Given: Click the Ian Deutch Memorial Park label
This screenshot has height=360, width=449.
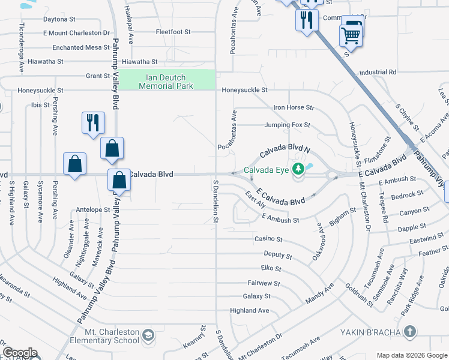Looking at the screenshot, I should pos(166,82).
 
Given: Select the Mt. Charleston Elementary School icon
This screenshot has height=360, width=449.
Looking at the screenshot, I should pos(149,334).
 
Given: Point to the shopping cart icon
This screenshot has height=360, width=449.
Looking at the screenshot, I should pos(350,36).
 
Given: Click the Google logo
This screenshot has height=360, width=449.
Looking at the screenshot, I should pos(20,353).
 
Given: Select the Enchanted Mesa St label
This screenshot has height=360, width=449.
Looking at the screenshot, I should pos(77,47).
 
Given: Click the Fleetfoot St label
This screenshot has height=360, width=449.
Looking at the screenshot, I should pos(173,32).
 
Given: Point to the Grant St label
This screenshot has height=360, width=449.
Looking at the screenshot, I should pos(98,76).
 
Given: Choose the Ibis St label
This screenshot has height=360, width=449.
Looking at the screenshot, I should pos(40,104).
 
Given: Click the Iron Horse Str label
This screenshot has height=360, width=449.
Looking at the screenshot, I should pos(294,107).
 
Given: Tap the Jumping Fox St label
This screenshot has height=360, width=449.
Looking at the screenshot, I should pos(288,125).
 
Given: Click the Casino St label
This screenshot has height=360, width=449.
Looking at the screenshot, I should pos(268,239).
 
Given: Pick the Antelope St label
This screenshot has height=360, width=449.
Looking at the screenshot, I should pos(94,210).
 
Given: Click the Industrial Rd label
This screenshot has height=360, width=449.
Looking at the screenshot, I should pos(378,72).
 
